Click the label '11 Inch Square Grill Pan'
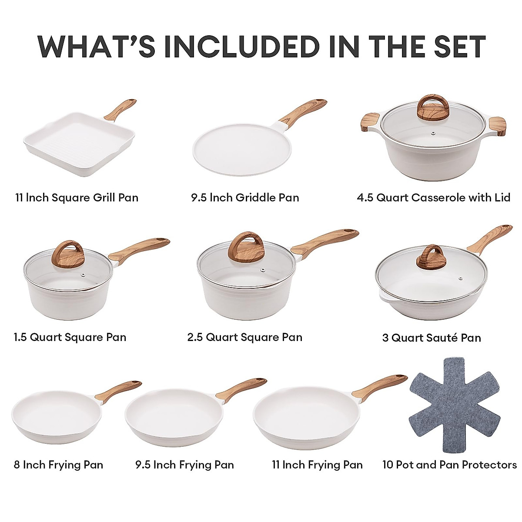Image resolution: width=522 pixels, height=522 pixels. point(77,197)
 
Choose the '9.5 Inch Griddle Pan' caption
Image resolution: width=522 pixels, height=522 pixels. point(245,197)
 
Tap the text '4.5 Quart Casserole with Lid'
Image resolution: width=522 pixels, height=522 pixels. point(433,197)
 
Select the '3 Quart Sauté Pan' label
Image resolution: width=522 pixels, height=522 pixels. point(432,338)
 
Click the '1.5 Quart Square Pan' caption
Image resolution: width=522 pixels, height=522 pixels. point(70,337)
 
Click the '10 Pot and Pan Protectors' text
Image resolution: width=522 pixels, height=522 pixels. point(449,465)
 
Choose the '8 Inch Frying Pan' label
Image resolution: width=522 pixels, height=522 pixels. point(58,465)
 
